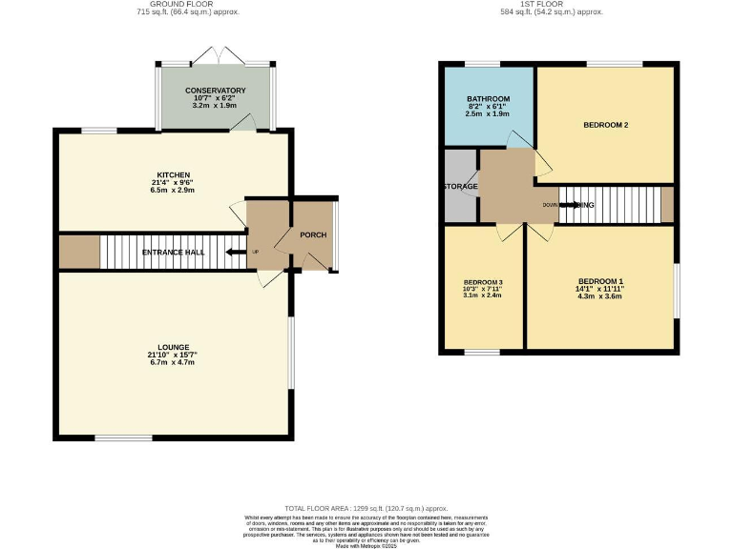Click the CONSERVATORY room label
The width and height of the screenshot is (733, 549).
pyautogui.click(x=216, y=90)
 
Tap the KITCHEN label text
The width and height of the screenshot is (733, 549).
pyautogui.click(x=174, y=174)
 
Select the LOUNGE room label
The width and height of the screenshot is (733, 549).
pyautogui.click(x=174, y=347)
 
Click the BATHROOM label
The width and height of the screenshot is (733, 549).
pyautogui.click(x=488, y=98)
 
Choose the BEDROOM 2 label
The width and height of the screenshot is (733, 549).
pyautogui.click(x=605, y=124)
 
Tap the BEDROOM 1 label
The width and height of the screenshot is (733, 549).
pyautogui.click(x=601, y=280)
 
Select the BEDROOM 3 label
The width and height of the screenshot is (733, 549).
pyautogui.click(x=483, y=282)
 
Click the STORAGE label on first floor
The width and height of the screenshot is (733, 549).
pyautogui.click(x=460, y=186)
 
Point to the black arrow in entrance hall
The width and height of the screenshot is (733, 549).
pyautogui.click(x=235, y=253)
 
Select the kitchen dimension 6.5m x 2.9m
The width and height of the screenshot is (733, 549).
pyautogui.click(x=174, y=192)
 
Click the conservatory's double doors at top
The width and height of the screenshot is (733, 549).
pyautogui.click(x=216, y=54)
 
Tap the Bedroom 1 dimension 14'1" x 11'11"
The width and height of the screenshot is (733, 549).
pyautogui.click(x=601, y=289)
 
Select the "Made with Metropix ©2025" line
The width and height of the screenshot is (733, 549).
pyautogui.click(x=366, y=545)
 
